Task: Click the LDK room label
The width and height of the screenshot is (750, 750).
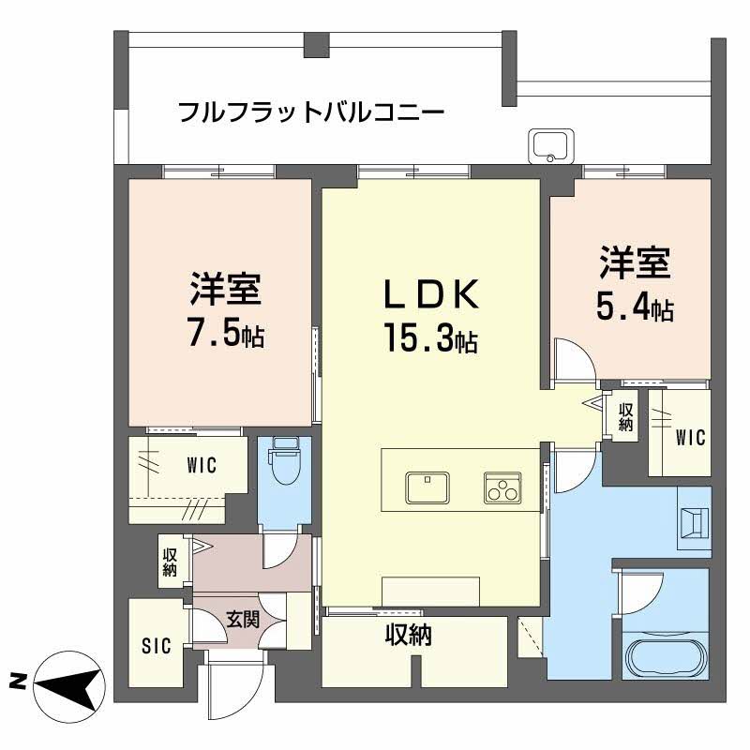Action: click(x=431, y=294)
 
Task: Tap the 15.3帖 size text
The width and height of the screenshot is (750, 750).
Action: click(x=430, y=338)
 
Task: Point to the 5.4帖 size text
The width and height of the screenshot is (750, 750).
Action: click(x=635, y=307)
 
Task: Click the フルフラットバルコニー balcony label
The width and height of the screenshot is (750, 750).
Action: click(x=311, y=112)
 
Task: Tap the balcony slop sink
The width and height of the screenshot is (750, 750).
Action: click(x=550, y=146)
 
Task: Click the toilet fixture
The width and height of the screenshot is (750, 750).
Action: click(x=284, y=461)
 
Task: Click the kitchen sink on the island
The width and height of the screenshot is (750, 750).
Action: click(x=427, y=487)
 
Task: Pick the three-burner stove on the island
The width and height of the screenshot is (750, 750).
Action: click(x=502, y=487)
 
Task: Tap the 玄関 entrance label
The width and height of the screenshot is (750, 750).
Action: click(x=243, y=621)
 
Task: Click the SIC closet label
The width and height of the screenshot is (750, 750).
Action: click(x=157, y=646)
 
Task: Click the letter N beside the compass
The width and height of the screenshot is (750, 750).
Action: click(x=17, y=682)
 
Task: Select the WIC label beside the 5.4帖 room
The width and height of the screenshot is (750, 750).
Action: click(x=691, y=437)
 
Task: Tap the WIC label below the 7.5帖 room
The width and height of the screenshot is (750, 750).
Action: click(x=202, y=465)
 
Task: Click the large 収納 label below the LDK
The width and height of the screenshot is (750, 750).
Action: click(x=409, y=636)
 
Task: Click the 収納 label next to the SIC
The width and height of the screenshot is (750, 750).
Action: click(x=170, y=562)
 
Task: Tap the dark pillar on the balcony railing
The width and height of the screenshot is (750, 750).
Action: click(x=317, y=45)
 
